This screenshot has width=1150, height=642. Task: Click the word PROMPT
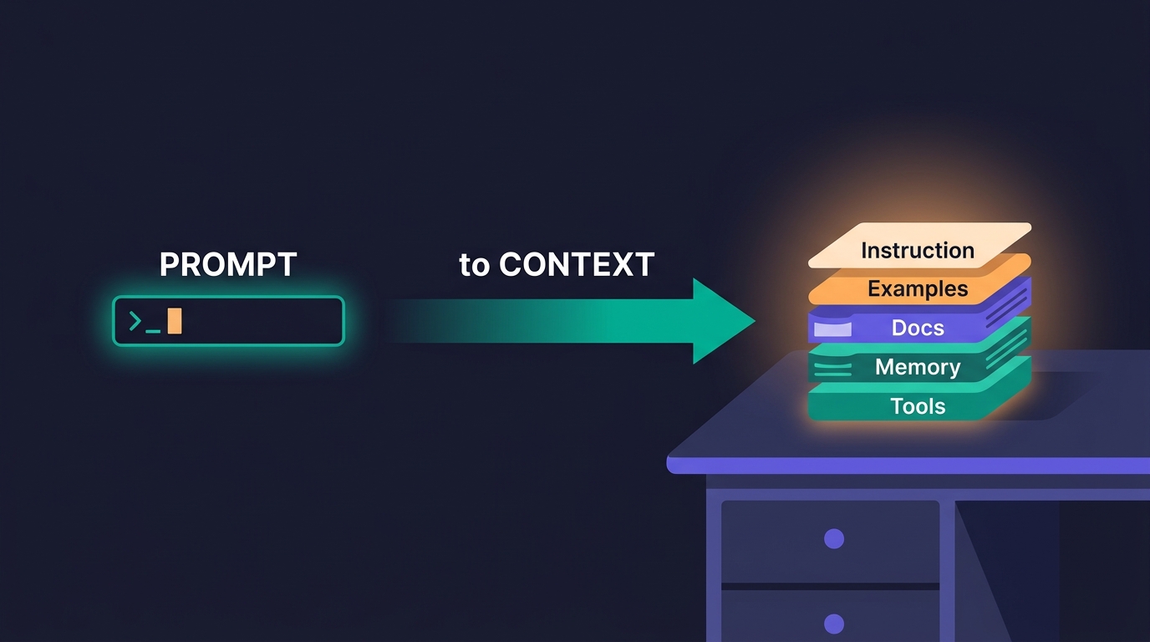click(x=228, y=264)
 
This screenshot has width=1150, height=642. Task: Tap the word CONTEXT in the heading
click(x=577, y=264)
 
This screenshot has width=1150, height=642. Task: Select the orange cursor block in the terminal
click(x=175, y=321)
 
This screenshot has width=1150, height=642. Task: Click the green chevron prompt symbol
click(x=135, y=320)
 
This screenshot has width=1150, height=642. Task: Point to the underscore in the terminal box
click(x=153, y=331)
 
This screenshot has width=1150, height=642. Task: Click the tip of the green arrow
click(x=755, y=321)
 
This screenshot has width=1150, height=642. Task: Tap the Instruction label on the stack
click(x=918, y=251)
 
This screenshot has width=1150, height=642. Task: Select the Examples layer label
click(x=918, y=288)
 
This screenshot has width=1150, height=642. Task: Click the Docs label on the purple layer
click(x=918, y=328)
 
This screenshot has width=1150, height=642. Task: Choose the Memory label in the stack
click(x=918, y=367)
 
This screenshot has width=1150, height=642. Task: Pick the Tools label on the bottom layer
click(x=918, y=406)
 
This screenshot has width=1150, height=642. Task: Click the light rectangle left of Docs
click(x=832, y=329)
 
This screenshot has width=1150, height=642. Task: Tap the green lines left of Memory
click(x=832, y=369)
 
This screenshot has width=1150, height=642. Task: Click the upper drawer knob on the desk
click(x=834, y=539)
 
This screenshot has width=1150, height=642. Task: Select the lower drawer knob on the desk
click(x=834, y=624)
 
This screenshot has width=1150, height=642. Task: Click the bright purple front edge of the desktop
click(x=908, y=466)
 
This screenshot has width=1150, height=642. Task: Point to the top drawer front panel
click(x=830, y=542)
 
